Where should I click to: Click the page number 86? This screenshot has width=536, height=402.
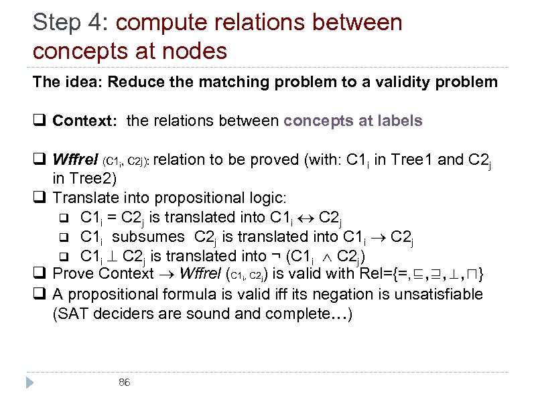124,382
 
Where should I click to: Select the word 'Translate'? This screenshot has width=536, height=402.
81,198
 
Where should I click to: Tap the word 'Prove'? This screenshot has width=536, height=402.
71,275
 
